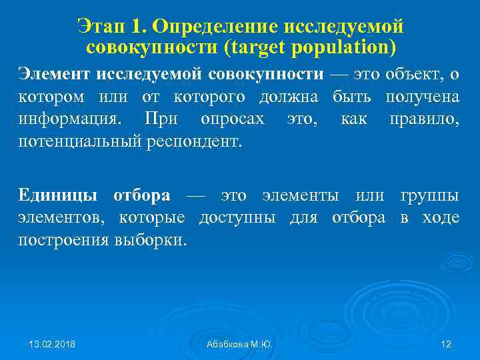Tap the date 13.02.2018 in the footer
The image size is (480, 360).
click(53, 343)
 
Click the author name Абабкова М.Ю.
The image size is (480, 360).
click(239, 343)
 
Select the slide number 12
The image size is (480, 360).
click(446, 343)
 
